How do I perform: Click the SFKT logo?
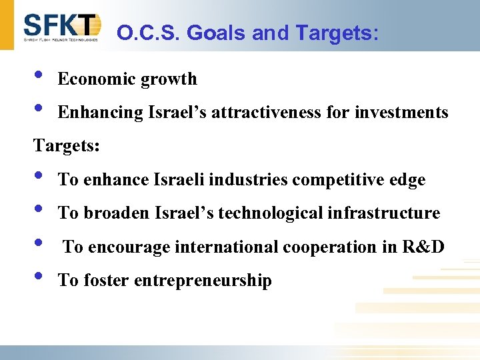click(61, 27)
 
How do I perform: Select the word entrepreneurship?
click(203, 281)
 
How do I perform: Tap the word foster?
click(107, 281)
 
